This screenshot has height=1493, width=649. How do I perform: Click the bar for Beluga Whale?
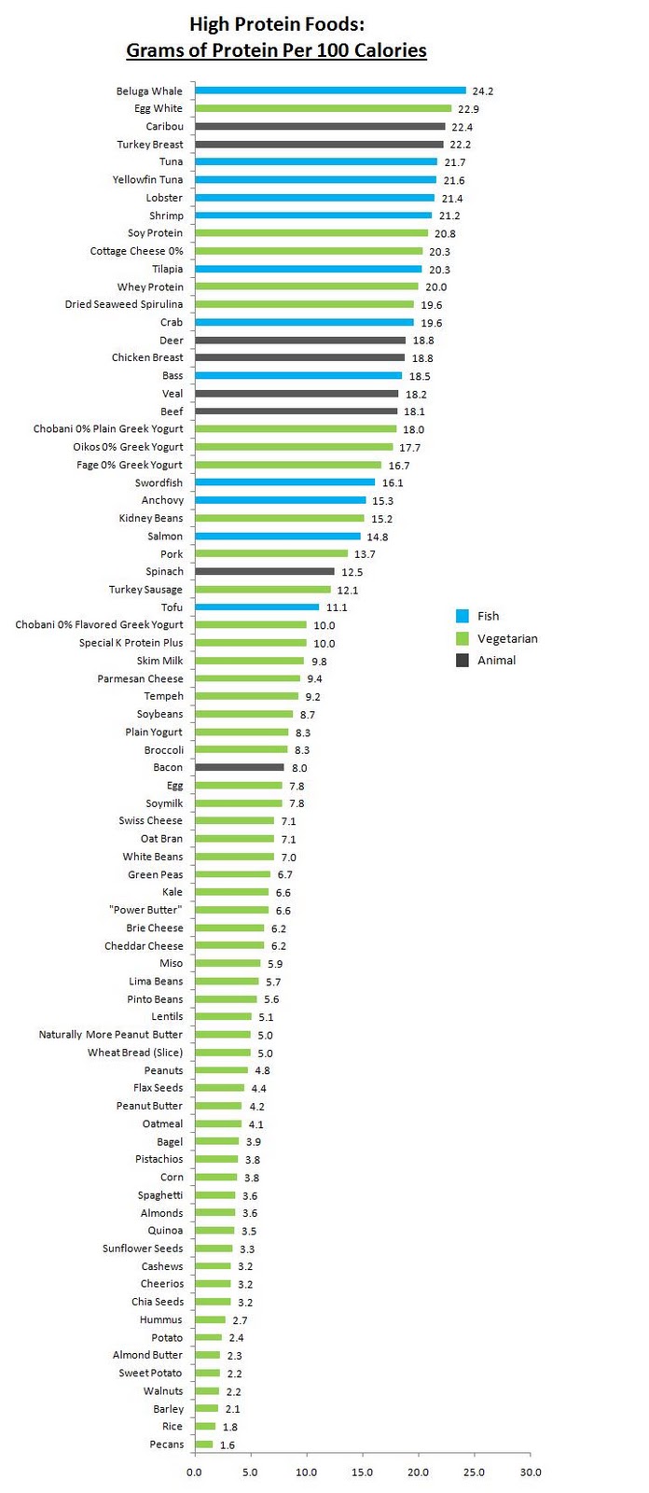pyautogui.click(x=330, y=91)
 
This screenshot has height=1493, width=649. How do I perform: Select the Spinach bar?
pyautogui.click(x=265, y=571)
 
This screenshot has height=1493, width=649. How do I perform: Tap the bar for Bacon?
pyautogui.click(x=240, y=767)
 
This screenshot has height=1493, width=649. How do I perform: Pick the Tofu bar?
pyautogui.click(x=256, y=607)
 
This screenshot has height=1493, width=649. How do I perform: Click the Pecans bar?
pyautogui.click(x=203, y=1444)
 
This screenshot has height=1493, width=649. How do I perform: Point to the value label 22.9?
pyautogui.click(x=468, y=109)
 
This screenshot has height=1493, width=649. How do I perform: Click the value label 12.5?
pyautogui.click(x=352, y=572)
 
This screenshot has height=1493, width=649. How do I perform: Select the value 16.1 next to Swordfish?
pyautogui.click(x=393, y=483)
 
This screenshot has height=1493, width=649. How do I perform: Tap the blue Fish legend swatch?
pyautogui.click(x=463, y=616)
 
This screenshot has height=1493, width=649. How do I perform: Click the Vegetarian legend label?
pyautogui.click(x=507, y=638)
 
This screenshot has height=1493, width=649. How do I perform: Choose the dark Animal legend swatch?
pyautogui.click(x=463, y=661)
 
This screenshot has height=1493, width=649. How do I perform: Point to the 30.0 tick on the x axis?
pyautogui.click(x=530, y=1472)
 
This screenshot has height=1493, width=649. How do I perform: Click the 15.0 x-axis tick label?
pyautogui.click(x=362, y=1472)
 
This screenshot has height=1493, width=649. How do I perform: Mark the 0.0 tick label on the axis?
pyautogui.click(x=194, y=1472)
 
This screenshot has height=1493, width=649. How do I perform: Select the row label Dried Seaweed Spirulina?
pyautogui.click(x=124, y=304)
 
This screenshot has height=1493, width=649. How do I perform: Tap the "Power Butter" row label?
pyautogui.click(x=145, y=910)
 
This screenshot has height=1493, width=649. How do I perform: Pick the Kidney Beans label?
pyautogui.click(x=151, y=518)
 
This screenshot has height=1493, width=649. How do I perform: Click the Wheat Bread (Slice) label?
pyautogui.click(x=135, y=1053)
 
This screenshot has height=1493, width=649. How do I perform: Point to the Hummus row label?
pyautogui.click(x=160, y=1319)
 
